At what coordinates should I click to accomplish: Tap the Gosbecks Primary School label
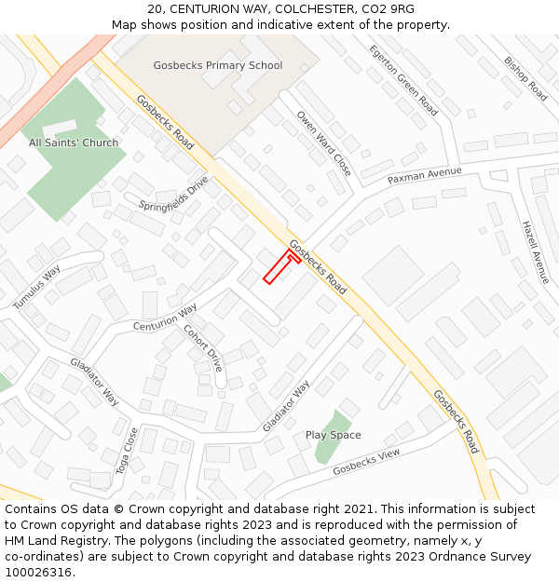click(217, 66)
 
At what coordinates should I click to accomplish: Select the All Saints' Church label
click(74, 143)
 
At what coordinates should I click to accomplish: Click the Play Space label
click(333, 435)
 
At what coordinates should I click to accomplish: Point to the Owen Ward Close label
click(324, 142)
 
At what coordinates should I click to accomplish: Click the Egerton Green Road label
click(402, 80)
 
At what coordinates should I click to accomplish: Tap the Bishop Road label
click(525, 78)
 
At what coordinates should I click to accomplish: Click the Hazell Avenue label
click(536, 252)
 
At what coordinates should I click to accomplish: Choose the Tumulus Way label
click(36, 287)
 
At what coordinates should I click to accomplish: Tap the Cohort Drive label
click(203, 347)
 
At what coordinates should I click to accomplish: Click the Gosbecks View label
click(366, 461)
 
